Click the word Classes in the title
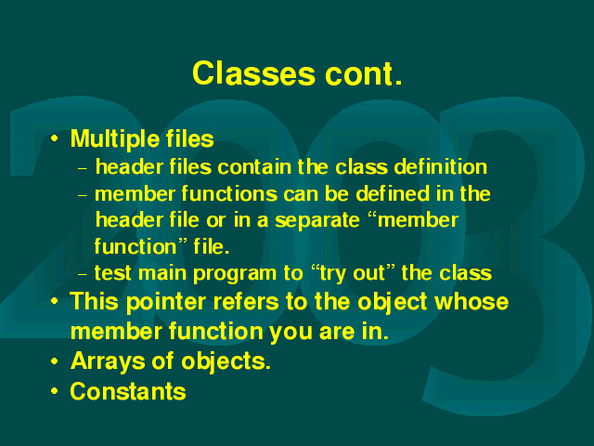[x=253, y=73]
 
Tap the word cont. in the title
[x=363, y=73]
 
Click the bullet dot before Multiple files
[x=55, y=138]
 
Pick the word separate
[x=317, y=220]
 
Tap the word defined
[x=393, y=193]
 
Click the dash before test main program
[x=83, y=274]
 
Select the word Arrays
[x=108, y=361]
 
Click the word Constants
[x=128, y=391]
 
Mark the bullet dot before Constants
[x=55, y=391]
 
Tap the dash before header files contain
[x=83, y=168]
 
